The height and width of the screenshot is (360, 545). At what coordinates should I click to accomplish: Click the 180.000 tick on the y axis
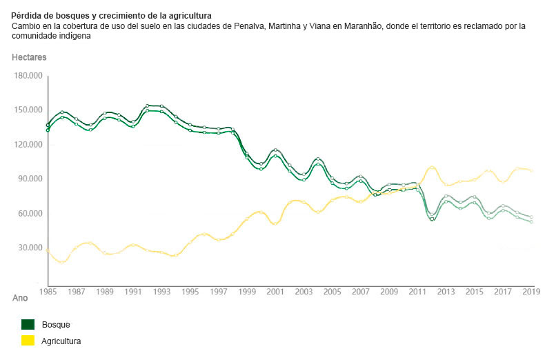pyautogui.click(x=28, y=75)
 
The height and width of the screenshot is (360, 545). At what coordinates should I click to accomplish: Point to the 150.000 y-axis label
pyautogui.click(x=28, y=110)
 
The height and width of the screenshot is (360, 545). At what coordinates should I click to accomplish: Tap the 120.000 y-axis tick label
pyautogui.click(x=28, y=144)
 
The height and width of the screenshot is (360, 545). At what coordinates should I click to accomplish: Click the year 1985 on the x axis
pyautogui.click(x=48, y=292)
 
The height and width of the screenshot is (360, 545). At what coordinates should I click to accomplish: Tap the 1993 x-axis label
pyautogui.click(x=161, y=292)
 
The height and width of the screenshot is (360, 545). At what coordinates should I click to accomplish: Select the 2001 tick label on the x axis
pyautogui.click(x=275, y=292)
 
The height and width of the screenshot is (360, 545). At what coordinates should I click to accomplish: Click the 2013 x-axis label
pyautogui.click(x=446, y=292)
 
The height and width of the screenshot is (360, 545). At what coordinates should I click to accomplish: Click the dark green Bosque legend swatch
pyautogui.click(x=28, y=324)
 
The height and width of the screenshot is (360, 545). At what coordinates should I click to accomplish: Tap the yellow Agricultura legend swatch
pyautogui.click(x=28, y=341)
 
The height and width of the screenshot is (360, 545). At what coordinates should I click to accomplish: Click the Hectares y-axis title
pyautogui.click(x=28, y=57)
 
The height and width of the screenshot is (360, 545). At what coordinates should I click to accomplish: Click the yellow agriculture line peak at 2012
pyautogui.click(x=432, y=167)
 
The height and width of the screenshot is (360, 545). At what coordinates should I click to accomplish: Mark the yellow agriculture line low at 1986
pyautogui.click(x=62, y=262)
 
